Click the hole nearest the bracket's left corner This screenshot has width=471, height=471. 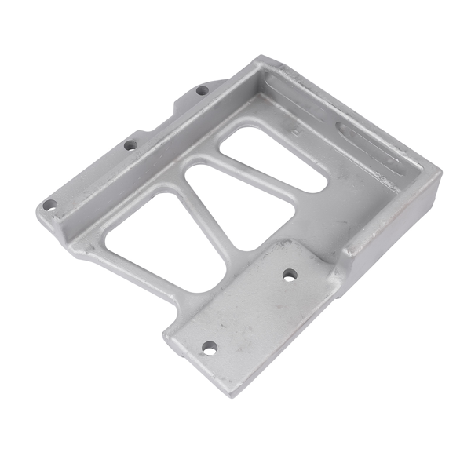tap(49, 205)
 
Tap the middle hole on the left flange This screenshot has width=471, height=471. tap(130, 144)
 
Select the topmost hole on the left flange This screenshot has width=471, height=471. tap(202, 90)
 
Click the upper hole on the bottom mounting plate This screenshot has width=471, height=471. tap(290, 275)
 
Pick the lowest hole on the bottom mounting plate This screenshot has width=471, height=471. tap(209, 347)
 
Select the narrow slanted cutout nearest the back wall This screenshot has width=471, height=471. tap(271, 157)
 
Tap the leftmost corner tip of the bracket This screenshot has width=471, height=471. tap(38, 210)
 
